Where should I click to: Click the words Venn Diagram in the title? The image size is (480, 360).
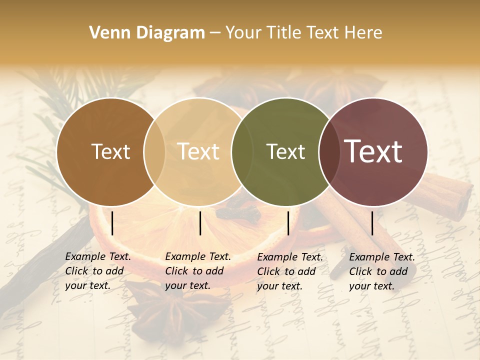click(x=147, y=33)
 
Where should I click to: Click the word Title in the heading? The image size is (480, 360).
click(x=288, y=33)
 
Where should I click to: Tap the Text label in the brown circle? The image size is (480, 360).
click(x=110, y=151)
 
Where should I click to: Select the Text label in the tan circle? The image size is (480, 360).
click(x=198, y=151)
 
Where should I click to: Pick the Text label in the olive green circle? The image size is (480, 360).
click(x=285, y=151)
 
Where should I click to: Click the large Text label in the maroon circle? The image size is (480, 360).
click(x=373, y=151)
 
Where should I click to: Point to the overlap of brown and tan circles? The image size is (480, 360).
click(x=154, y=151)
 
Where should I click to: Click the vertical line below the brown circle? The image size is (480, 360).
click(x=112, y=223)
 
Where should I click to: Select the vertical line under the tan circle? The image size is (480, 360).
click(x=200, y=223)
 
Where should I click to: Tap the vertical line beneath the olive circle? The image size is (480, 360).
click(x=288, y=223)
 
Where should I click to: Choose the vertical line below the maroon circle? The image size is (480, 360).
click(x=372, y=223)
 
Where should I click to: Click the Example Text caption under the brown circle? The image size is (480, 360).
click(x=97, y=271)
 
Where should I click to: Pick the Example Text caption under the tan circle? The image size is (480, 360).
click(x=197, y=271)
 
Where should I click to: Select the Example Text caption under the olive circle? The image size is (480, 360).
click(x=289, y=271)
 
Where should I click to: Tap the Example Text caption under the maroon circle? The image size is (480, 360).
click(x=381, y=271)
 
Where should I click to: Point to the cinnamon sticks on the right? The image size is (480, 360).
click(x=440, y=195)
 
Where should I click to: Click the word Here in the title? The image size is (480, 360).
click(x=364, y=33)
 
